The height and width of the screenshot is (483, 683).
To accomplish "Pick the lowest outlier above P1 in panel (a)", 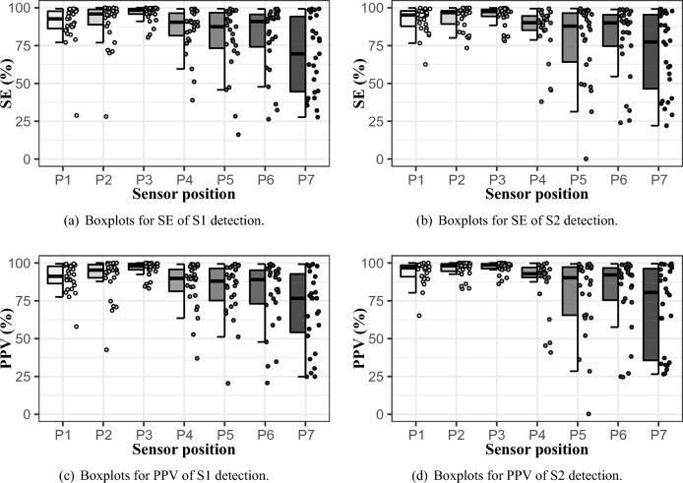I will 76,115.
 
